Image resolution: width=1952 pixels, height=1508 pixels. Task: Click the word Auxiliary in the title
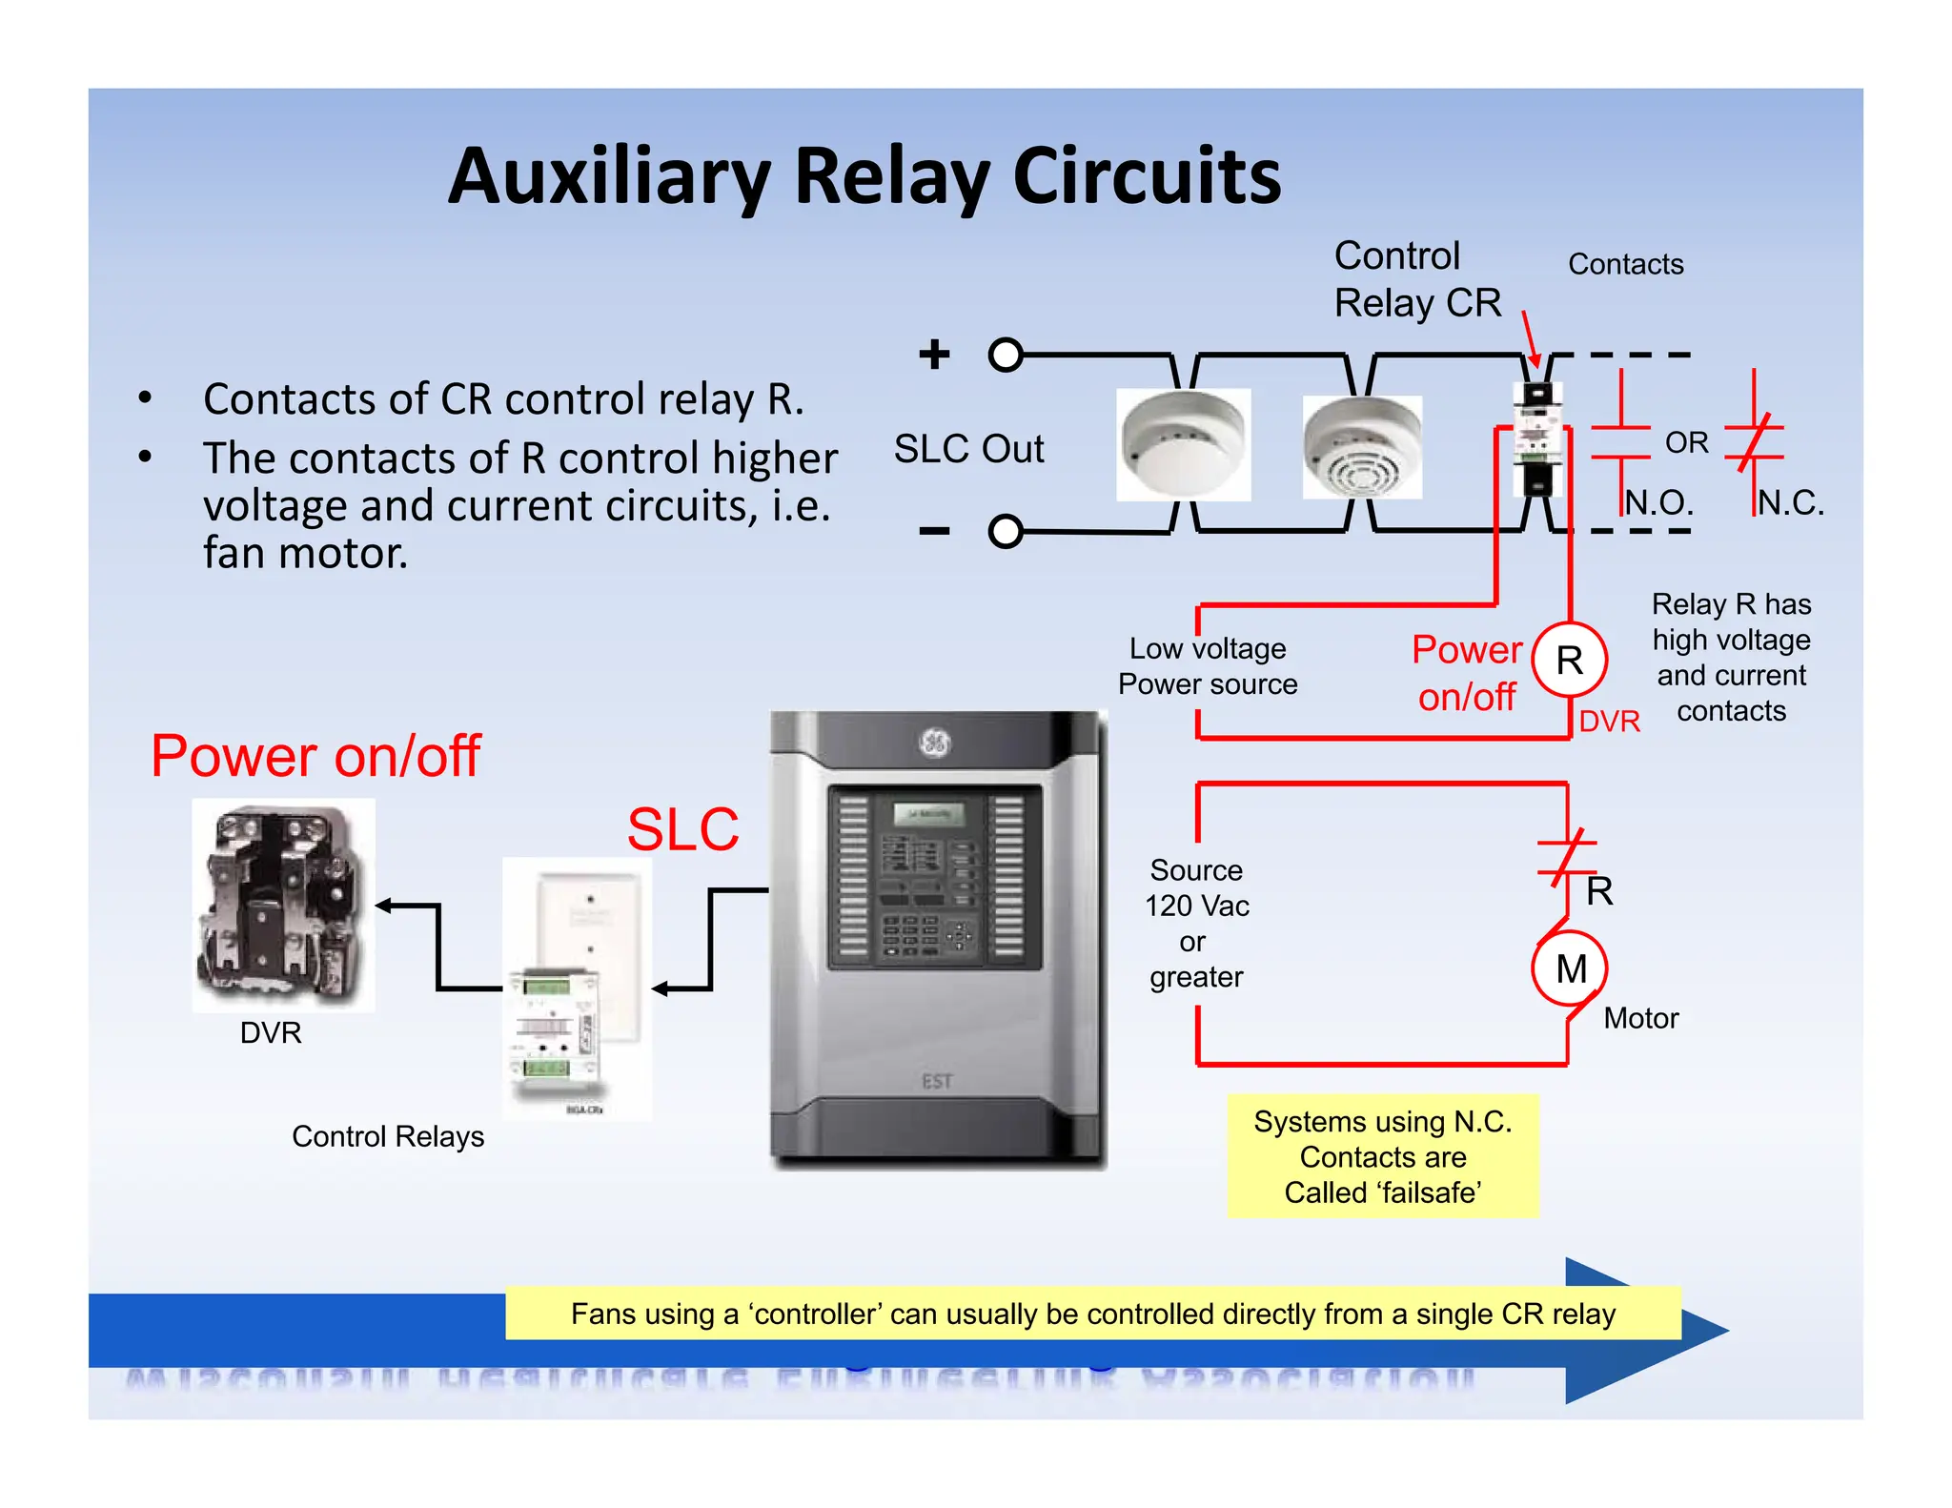pos(609,178)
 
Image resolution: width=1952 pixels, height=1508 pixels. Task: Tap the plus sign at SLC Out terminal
pos(934,354)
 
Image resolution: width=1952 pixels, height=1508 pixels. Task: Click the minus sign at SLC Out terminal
pos(934,531)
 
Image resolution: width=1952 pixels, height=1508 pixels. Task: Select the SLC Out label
pos(968,449)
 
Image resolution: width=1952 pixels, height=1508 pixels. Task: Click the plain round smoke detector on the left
pos(1183,444)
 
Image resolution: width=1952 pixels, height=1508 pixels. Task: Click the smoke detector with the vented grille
pos(1362,447)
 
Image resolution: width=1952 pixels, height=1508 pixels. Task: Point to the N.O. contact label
pos(1658,502)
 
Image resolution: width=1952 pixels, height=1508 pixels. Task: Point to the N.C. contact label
pos(1790,502)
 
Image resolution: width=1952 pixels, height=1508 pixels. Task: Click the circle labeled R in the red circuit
pos(1569,660)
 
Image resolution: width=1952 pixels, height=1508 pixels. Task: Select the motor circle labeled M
pos(1570,968)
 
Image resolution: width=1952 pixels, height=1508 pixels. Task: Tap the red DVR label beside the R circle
pos(1609,722)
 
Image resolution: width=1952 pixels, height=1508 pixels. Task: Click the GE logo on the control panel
pos(934,743)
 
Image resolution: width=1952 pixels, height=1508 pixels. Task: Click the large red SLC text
pos(682,829)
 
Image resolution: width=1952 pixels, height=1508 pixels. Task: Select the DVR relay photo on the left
pos(283,904)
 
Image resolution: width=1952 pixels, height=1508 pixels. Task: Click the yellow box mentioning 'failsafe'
pos(1382,1156)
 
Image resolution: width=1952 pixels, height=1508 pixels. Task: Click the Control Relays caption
pos(388,1136)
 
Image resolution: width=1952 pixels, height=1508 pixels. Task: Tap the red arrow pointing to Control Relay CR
pos(1530,339)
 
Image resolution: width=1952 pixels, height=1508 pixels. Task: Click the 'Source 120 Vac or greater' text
pos(1196,923)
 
